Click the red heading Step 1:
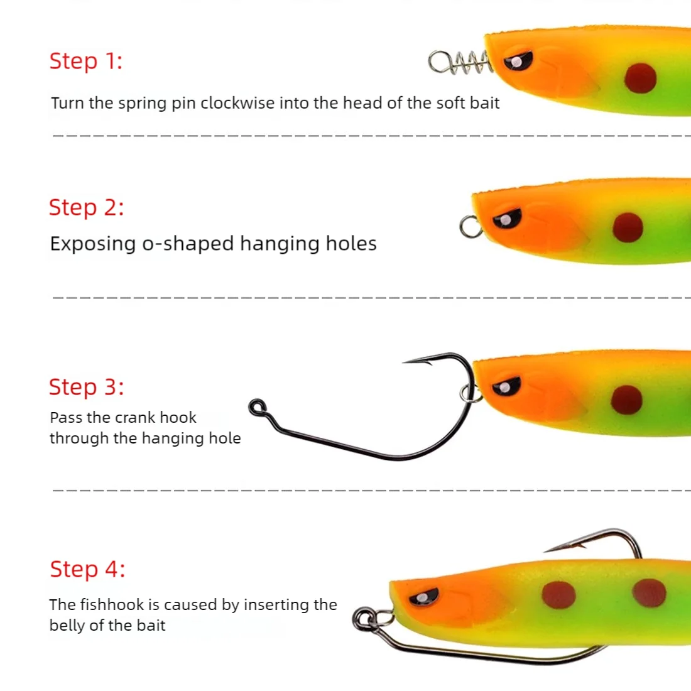(x=85, y=62)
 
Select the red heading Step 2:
(x=86, y=207)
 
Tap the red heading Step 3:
(x=86, y=387)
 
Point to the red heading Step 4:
(x=87, y=569)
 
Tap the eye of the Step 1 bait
(x=518, y=62)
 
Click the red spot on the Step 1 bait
(x=640, y=79)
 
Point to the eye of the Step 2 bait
(x=506, y=219)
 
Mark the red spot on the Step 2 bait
(x=628, y=227)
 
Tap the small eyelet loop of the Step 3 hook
(x=257, y=408)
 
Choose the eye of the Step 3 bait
(x=506, y=386)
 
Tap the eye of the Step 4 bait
(x=425, y=596)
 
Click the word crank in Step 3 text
(x=135, y=418)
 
